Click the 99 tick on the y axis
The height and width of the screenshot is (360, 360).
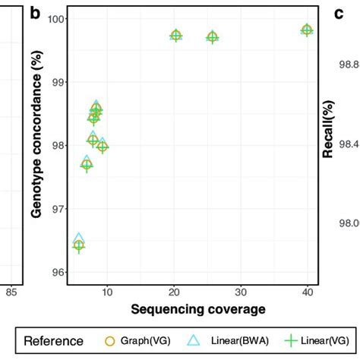click(59, 82)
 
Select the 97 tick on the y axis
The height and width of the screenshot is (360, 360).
click(59, 209)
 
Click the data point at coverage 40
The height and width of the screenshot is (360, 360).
click(307, 30)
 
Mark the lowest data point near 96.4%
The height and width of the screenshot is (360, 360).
click(78, 245)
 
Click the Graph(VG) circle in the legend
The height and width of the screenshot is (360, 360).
click(109, 341)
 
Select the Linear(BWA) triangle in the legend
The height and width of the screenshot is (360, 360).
click(194, 341)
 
